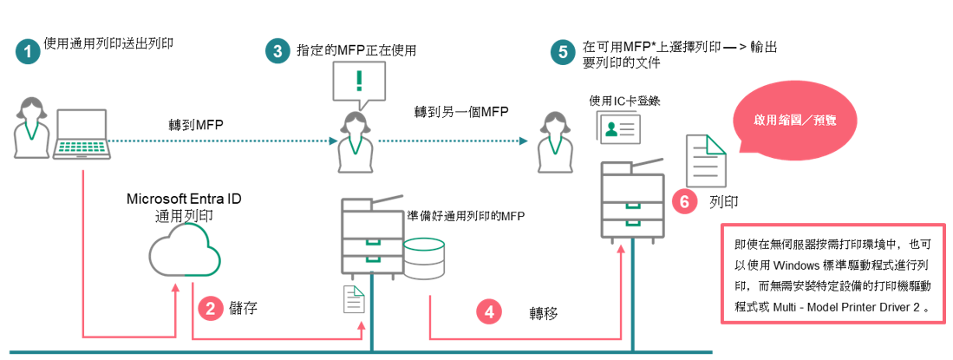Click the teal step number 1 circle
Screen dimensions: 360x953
[29, 51]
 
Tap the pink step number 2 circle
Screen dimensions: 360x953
[212, 309]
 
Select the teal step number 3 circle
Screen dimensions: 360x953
[277, 51]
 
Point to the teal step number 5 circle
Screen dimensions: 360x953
[564, 51]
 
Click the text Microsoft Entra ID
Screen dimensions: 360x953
[184, 199]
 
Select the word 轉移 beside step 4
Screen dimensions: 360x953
[545, 311]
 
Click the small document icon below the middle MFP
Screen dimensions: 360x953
[355, 299]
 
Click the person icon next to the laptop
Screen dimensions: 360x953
[29, 127]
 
